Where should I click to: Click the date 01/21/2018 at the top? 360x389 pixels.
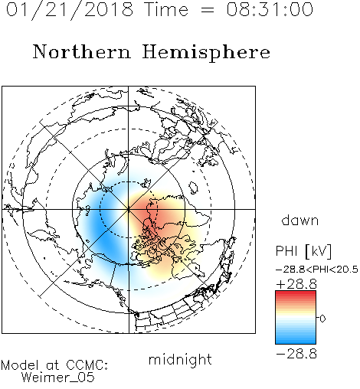pos(70,10)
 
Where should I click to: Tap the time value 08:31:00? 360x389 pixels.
pos(270,9)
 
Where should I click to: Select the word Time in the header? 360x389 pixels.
pos(166,9)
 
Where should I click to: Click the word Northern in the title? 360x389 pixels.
pos(82,51)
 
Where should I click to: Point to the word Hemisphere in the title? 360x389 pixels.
pos(206,53)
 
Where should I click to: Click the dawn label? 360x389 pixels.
pos(300,220)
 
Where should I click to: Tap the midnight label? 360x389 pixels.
pos(180,360)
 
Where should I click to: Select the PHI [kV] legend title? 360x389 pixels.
pos(303,251)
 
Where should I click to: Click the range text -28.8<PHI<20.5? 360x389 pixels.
pos(317,270)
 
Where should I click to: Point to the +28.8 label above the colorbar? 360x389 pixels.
pos(296,284)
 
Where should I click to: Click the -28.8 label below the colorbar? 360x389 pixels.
pos(296,354)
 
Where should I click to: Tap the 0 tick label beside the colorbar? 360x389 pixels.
pos(322,319)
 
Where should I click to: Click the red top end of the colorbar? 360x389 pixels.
pos(296,293)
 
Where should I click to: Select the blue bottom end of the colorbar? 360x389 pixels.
pos(296,342)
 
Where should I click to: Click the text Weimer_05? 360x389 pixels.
pos(58,378)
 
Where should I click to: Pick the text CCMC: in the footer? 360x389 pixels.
pos(87,365)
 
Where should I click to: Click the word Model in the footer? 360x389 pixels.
pos(20,365)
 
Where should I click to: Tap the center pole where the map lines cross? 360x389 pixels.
pos(129,209)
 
